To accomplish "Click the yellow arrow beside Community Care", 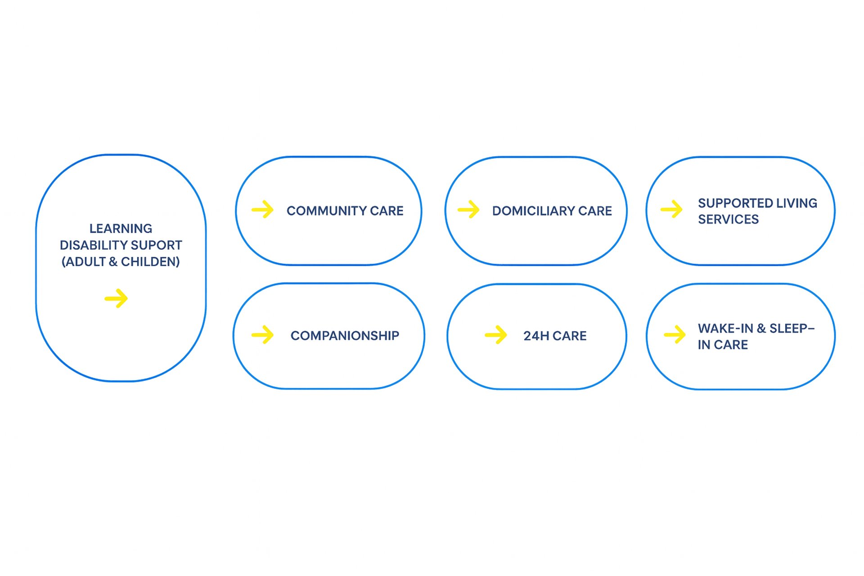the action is tap(263, 210).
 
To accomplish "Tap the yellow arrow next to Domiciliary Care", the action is tap(468, 210).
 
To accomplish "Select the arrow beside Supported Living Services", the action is tap(671, 209).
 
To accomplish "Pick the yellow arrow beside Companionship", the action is tap(263, 335).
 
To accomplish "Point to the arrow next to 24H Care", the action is tap(496, 335).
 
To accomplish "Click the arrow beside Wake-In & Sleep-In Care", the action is tap(675, 334).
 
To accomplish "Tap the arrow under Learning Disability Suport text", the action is tap(116, 298).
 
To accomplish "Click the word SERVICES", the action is tap(728, 220).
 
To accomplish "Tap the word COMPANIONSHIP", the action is tap(345, 336).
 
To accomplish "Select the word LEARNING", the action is tap(121, 229).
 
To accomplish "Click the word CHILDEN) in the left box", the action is tap(150, 262).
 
